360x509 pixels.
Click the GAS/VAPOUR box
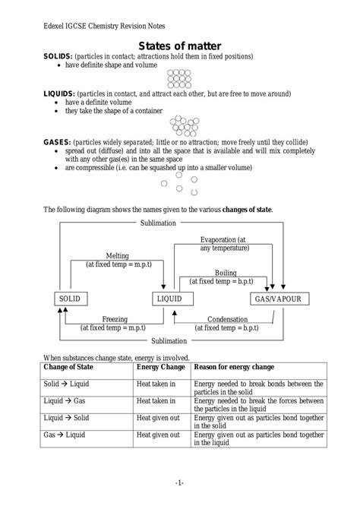278,299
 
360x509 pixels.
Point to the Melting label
117,256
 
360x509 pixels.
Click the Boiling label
225,273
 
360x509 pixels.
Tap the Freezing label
115,320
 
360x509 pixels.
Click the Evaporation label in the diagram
223,240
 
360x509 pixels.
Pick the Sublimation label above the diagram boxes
159,223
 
